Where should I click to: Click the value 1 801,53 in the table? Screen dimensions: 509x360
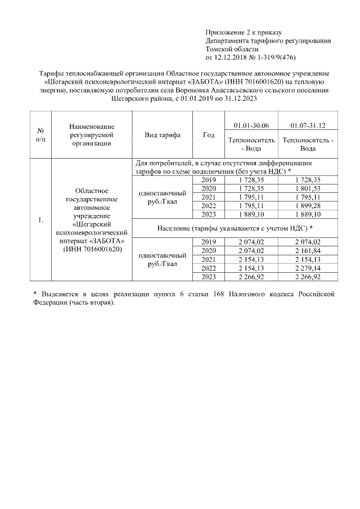coord(307,188)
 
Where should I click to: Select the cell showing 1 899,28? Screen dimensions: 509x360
coord(307,206)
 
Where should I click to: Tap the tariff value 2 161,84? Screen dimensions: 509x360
coord(307,250)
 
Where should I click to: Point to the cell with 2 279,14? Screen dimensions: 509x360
coord(307,268)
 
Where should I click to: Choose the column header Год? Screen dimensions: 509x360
coord(208,135)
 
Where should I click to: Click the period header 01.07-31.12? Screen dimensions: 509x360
coord(307,124)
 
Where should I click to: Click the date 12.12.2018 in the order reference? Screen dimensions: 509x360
coord(233,58)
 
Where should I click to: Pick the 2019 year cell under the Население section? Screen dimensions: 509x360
coord(208,241)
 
